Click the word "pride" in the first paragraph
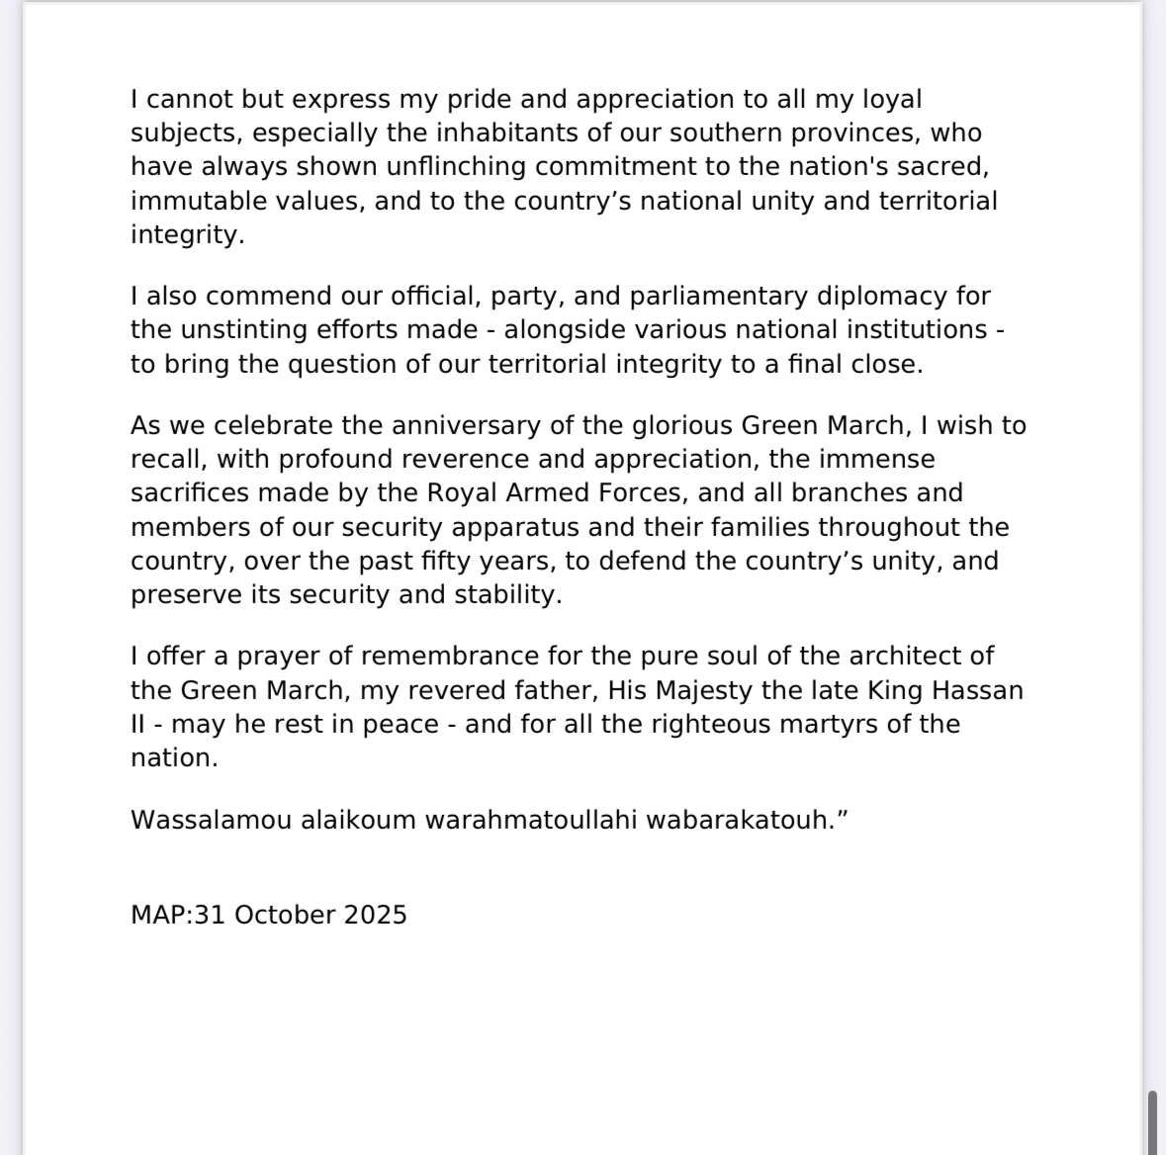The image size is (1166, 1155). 492,100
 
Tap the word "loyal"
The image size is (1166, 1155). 887,100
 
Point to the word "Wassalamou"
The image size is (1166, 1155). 210,821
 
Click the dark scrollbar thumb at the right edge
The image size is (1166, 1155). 1151,1122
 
